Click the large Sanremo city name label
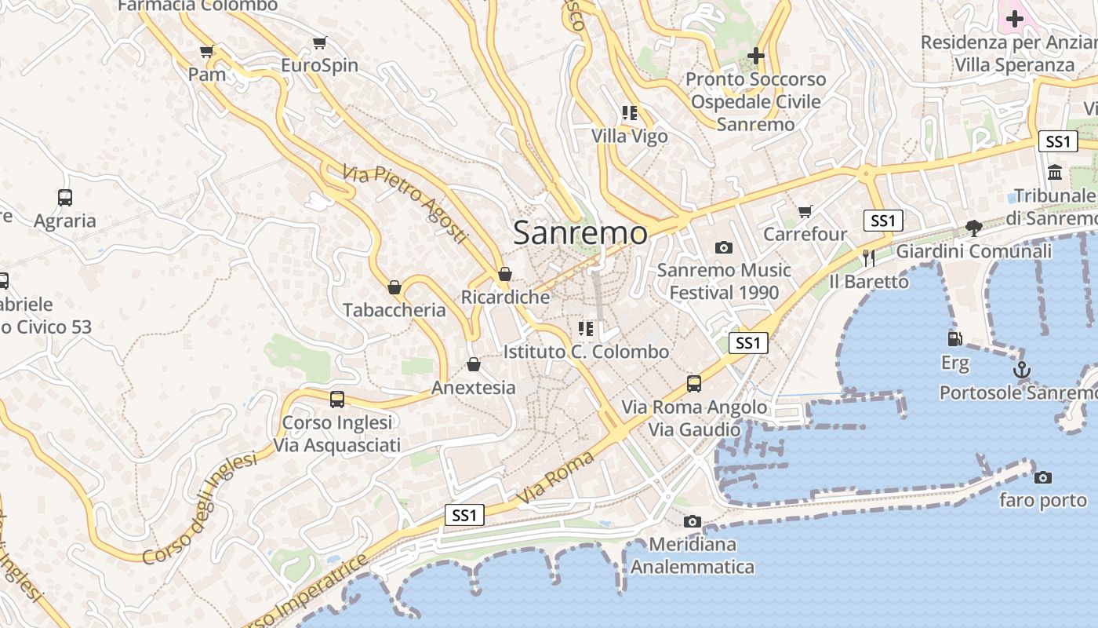[x=580, y=233]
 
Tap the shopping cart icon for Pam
[x=206, y=52]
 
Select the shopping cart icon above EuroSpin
[x=319, y=42]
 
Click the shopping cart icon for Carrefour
[x=805, y=211]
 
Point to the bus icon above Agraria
[x=65, y=198]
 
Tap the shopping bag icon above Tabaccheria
[x=394, y=287]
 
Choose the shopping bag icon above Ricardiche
[x=505, y=274]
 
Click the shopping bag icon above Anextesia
[x=474, y=364]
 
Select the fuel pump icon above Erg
[x=954, y=339]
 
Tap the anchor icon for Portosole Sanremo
[x=1021, y=370]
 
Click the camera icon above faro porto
[x=1042, y=477]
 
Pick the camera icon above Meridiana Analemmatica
[x=692, y=521]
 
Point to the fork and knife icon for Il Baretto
[x=868, y=257]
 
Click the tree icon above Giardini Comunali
[x=974, y=228]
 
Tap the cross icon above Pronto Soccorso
[x=756, y=56]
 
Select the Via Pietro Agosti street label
[x=405, y=203]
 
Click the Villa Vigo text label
[x=630, y=136]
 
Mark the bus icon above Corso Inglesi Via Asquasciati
[x=337, y=399]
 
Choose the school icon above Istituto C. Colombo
[x=586, y=328]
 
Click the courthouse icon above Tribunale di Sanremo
[x=1055, y=172]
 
